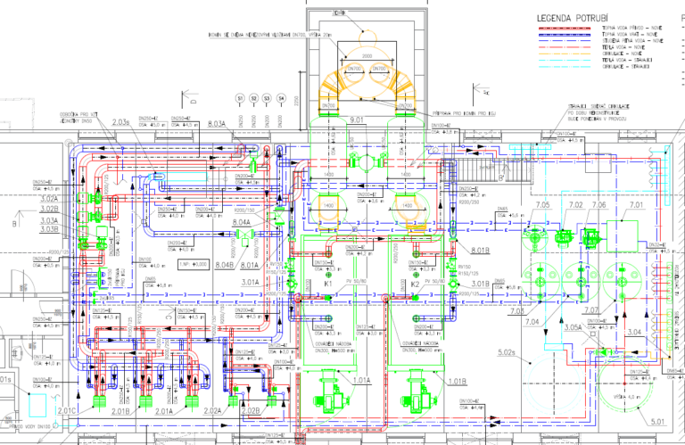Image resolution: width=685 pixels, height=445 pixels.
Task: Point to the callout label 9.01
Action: (x=358, y=119)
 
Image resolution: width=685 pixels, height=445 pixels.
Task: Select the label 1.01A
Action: (x=360, y=381)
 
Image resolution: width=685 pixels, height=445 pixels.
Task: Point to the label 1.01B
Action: (x=455, y=381)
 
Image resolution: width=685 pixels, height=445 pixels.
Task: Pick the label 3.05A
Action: (x=574, y=328)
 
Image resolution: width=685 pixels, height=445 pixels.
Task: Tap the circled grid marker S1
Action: (x=240, y=97)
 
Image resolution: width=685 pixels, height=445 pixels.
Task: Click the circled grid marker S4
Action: (x=281, y=97)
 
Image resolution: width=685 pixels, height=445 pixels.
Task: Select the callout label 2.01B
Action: (x=118, y=412)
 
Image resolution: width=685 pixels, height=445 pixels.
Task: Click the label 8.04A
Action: (x=242, y=221)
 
